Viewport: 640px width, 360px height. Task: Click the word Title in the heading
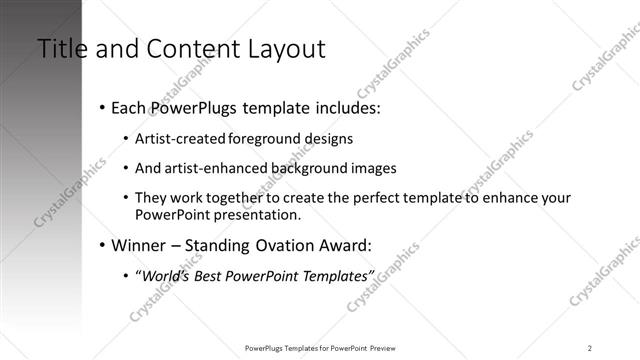pyautogui.click(x=61, y=49)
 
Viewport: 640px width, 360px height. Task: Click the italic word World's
pyautogui.click(x=165, y=275)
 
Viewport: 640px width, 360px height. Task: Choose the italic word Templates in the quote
pyautogui.click(x=336, y=275)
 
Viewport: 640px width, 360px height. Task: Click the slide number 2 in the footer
pyautogui.click(x=590, y=348)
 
